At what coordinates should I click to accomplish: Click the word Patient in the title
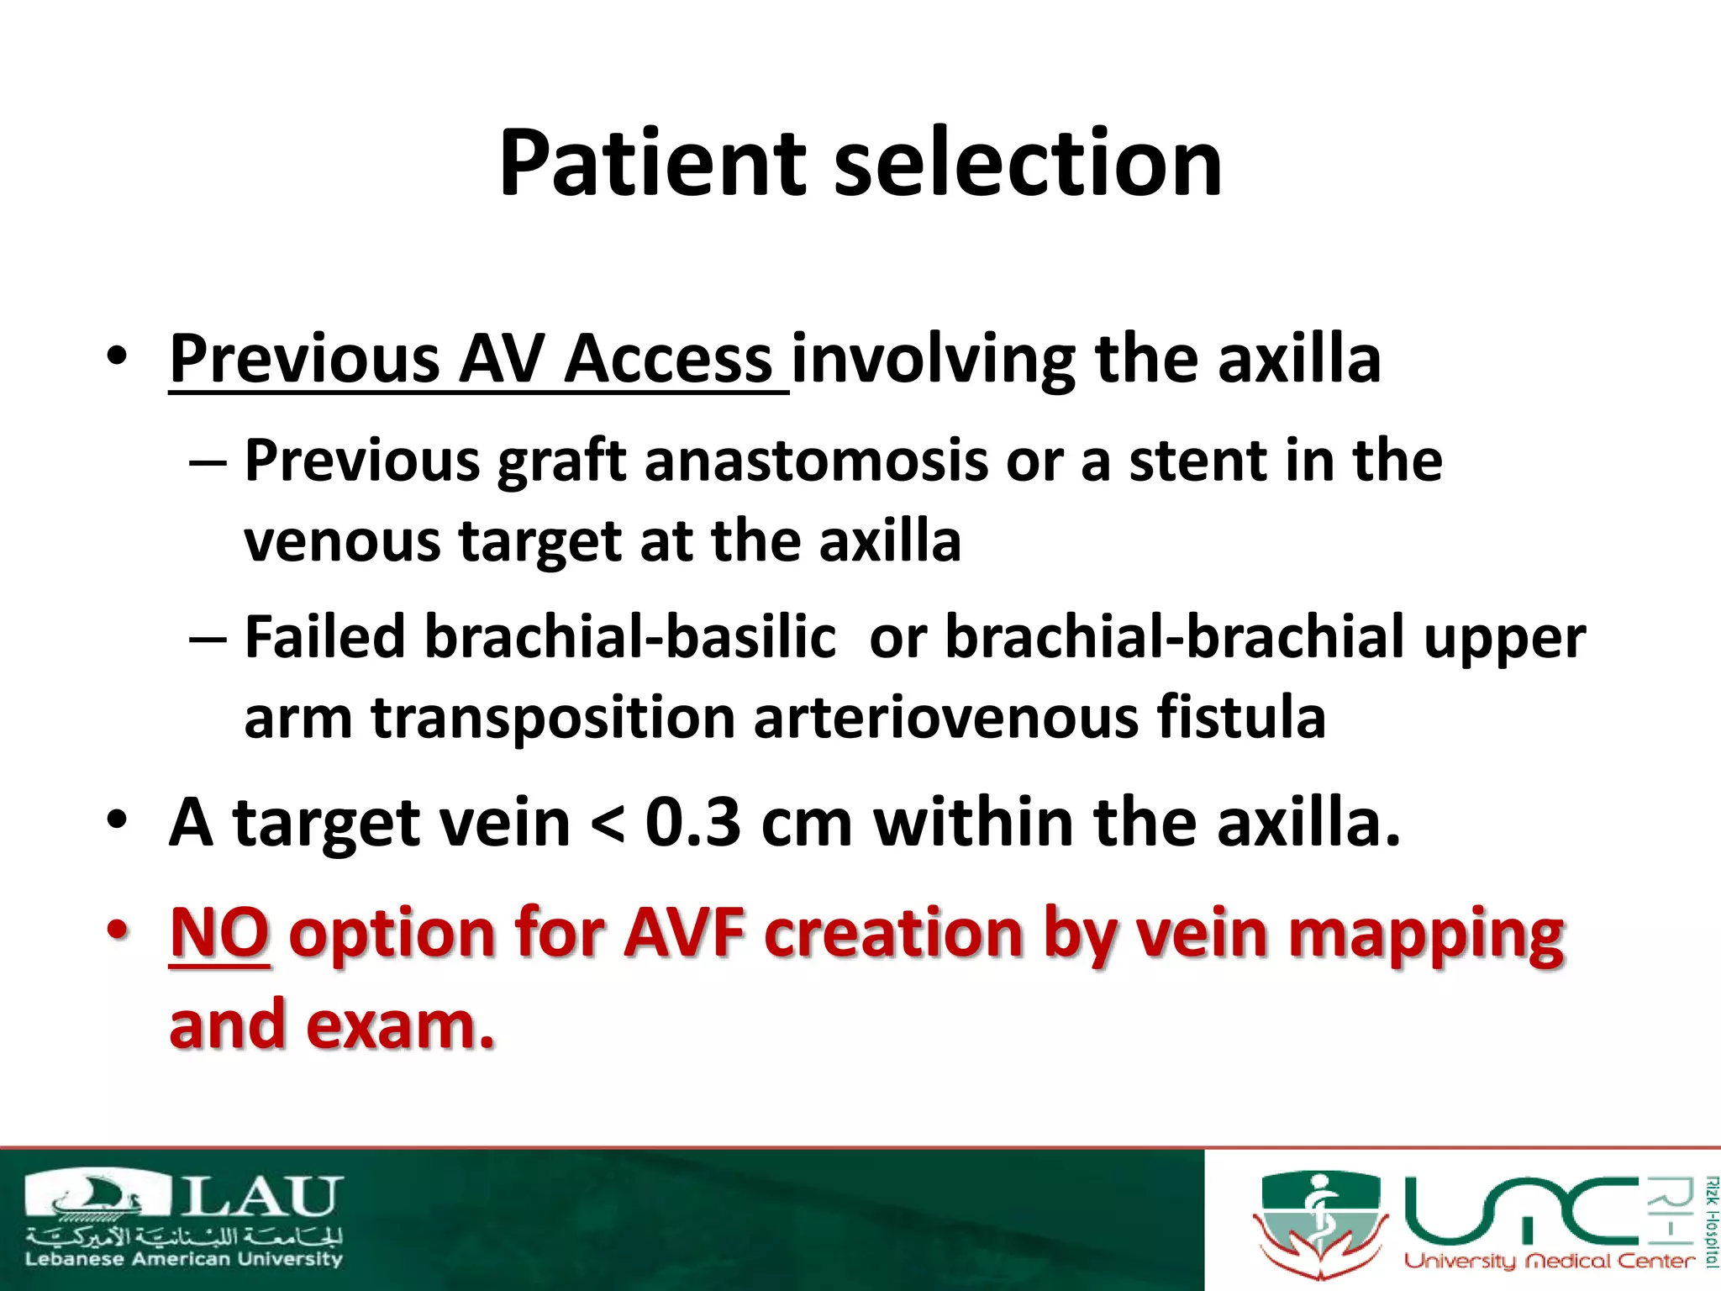click(x=652, y=164)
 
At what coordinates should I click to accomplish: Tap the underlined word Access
click(x=668, y=360)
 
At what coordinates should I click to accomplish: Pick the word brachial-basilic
click(x=629, y=638)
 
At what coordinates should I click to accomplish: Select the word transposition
click(x=553, y=719)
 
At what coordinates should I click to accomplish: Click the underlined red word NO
click(x=219, y=935)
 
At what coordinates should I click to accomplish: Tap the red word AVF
click(x=684, y=935)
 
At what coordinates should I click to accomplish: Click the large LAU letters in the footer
click(x=262, y=1198)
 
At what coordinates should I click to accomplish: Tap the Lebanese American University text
click(x=184, y=1260)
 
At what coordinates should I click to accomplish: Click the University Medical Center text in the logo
click(x=1549, y=1262)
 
